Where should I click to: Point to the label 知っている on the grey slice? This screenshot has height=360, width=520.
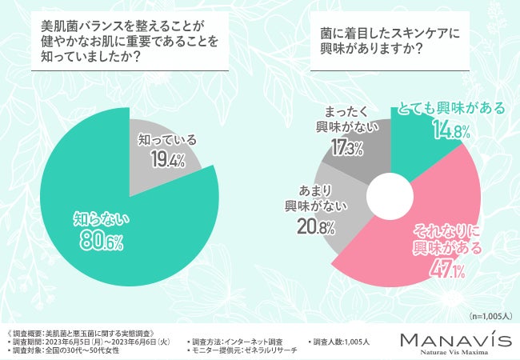click(167, 138)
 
